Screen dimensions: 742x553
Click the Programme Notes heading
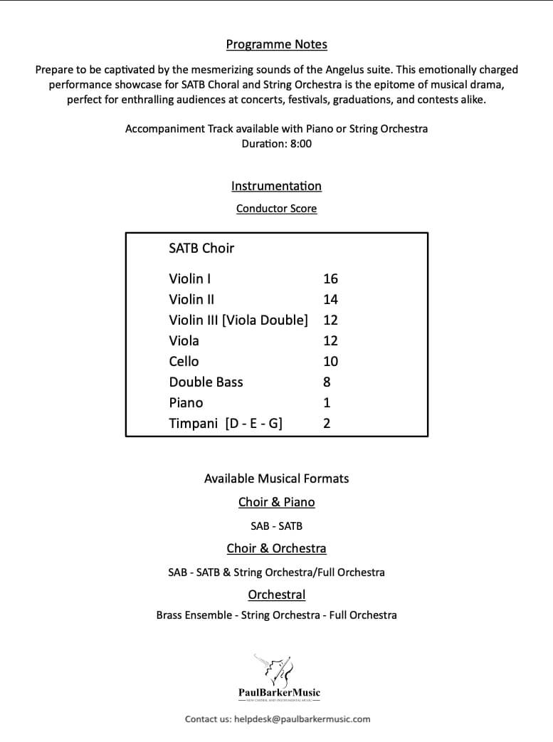tap(276, 45)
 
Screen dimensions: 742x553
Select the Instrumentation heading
tap(276, 186)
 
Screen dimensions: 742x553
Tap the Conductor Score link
tap(276, 209)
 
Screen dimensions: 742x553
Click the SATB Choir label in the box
tap(201, 249)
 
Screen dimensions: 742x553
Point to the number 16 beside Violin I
tap(330, 278)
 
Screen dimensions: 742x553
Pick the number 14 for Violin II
tap(330, 299)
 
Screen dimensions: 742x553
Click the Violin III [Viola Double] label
tap(238, 320)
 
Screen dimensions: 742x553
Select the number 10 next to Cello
tap(330, 361)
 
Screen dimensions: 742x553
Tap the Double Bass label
tap(206, 382)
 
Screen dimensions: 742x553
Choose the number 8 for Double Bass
tap(327, 382)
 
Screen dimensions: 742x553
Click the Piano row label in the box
tap(186, 402)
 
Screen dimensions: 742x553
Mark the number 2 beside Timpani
tap(327, 423)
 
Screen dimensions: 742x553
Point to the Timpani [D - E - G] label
tap(226, 423)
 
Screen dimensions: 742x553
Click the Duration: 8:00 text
tap(276, 142)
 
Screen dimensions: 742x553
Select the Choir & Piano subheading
tap(276, 502)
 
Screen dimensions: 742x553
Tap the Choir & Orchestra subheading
tap(276, 548)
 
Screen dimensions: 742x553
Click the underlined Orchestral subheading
tap(276, 595)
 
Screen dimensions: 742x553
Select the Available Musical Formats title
tap(276, 479)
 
